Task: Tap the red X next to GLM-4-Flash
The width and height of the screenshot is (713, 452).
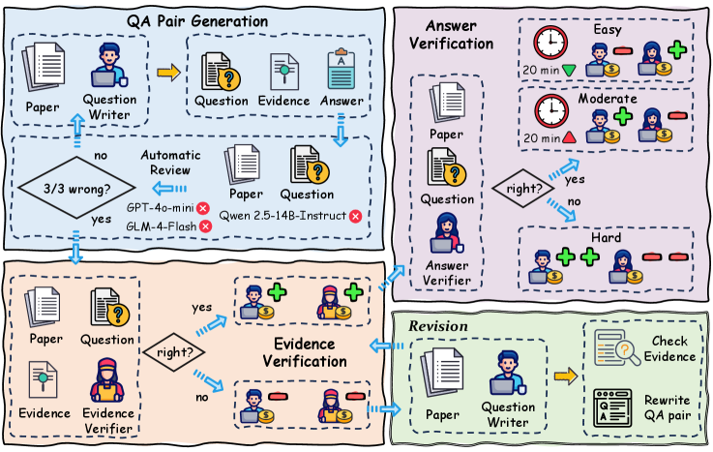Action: [x=204, y=225]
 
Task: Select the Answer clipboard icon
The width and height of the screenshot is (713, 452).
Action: [x=340, y=69]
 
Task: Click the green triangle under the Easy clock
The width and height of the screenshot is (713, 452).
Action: [x=579, y=70]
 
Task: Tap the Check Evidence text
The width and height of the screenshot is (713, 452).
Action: [x=669, y=349]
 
